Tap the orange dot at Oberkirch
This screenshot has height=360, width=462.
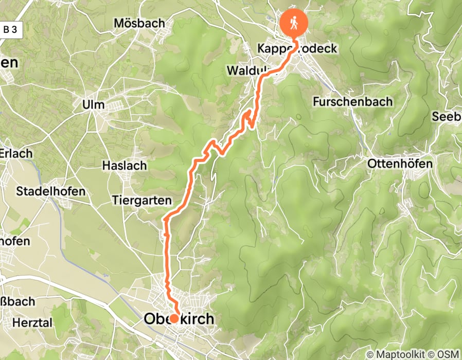point(174,318)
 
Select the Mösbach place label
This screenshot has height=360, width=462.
point(139,23)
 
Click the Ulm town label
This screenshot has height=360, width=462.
point(93,105)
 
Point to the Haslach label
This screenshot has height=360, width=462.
point(125,166)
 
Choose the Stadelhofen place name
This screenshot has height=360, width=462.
point(51,191)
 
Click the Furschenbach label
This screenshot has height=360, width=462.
point(352,102)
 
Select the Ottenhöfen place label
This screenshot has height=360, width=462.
point(400,164)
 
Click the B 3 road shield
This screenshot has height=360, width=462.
point(10,29)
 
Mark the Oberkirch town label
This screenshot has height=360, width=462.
point(179,319)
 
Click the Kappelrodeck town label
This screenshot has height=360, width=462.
point(297,49)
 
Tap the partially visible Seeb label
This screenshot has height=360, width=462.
point(447,117)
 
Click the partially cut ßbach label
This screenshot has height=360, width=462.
point(17,301)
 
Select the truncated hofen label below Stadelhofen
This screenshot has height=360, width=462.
point(15,241)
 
